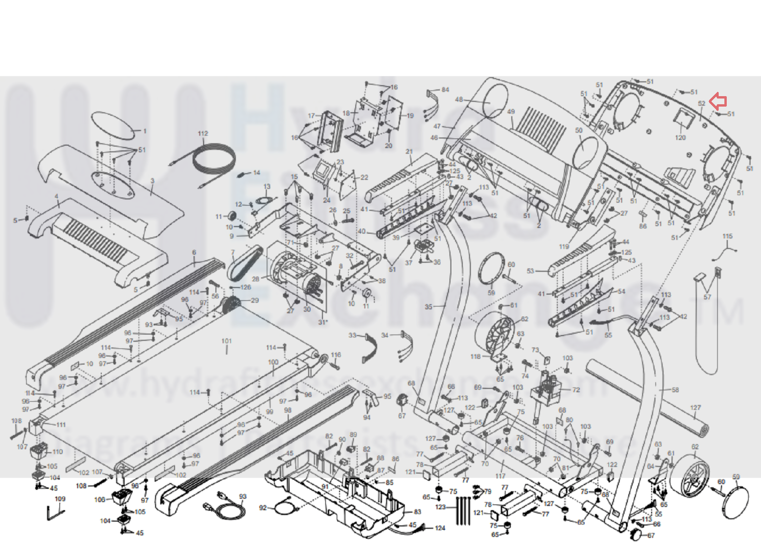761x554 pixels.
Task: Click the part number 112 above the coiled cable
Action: pos(203,133)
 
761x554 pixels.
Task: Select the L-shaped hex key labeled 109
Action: pos(53,513)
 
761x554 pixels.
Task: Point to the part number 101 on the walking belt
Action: pos(227,341)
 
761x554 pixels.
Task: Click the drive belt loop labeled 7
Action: pos(244,263)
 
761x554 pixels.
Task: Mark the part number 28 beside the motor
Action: pos(256,279)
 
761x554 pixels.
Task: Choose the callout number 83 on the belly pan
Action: pos(417,512)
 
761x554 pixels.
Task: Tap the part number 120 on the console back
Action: pos(681,138)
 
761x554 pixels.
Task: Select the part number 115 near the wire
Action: pos(728,236)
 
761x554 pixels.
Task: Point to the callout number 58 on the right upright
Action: pos(675,390)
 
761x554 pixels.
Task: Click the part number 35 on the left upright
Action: pos(428,307)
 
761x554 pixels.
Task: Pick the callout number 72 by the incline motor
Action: pos(576,390)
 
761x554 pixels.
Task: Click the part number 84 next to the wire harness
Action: pos(445,90)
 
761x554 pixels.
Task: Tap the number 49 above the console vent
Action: pos(511,112)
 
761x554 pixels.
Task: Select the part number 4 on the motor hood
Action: pos(57,196)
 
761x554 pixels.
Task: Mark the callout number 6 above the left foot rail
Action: pos(194,252)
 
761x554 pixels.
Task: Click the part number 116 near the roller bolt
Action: pos(336,355)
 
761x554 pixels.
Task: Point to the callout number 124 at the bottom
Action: pos(440,528)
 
